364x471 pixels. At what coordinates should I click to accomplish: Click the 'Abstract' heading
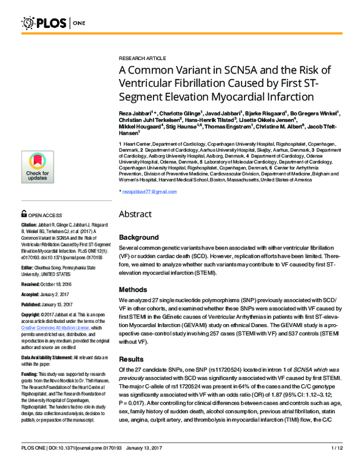point(138,214)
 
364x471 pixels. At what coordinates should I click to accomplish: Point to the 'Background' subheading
point(141,237)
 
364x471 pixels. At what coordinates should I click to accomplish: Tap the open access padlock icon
point(24,214)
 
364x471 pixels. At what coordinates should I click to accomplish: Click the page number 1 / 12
point(337,465)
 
